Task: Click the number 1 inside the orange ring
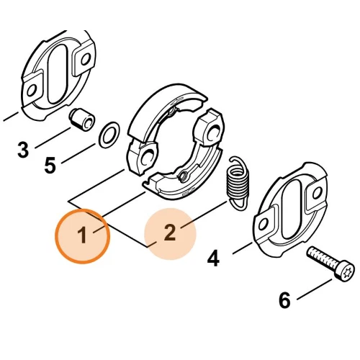click(83, 235)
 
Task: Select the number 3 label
click(24, 150)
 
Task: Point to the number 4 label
click(213, 257)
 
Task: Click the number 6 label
click(284, 300)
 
